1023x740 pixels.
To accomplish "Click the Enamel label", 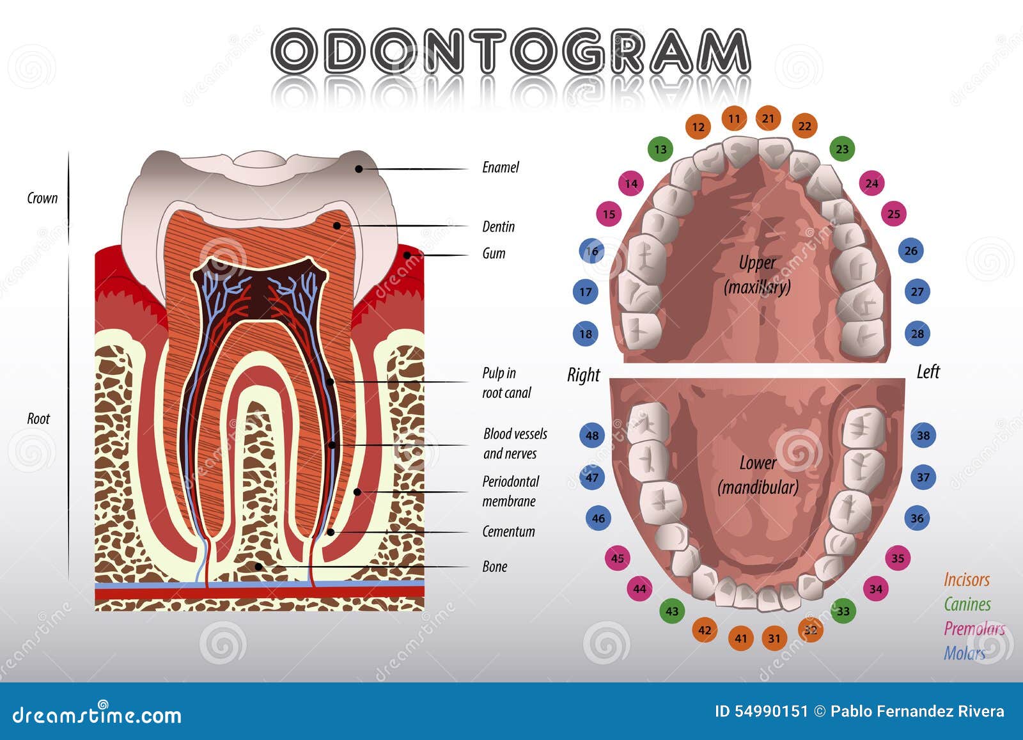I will [x=500, y=168].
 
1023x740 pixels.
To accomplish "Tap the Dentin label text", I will [x=498, y=227].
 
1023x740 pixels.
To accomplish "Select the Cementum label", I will [x=508, y=531].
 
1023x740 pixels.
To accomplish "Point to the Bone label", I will [x=494, y=567].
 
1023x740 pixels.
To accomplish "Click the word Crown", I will [x=42, y=198].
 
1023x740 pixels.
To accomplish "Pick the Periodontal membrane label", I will [x=510, y=491].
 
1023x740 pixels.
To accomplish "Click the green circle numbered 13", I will [x=660, y=150].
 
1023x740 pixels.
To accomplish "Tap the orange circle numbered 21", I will [x=768, y=118].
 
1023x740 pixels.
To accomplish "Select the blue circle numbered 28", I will [x=918, y=333].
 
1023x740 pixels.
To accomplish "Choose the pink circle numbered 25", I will [x=894, y=214].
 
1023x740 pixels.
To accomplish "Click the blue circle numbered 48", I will [x=592, y=436].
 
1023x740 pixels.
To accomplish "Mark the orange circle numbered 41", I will [x=741, y=638].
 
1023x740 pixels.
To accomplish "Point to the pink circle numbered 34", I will [x=876, y=588].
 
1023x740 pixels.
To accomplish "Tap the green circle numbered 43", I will [x=671, y=611].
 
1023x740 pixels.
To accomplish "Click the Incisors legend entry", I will [x=966, y=579].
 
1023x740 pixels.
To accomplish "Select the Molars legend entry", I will [x=964, y=653].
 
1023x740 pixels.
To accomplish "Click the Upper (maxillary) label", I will [x=757, y=275].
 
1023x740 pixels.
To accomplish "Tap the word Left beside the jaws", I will [x=928, y=372].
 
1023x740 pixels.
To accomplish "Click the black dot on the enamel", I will [x=359, y=169].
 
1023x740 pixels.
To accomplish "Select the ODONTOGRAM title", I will [x=510, y=51].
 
